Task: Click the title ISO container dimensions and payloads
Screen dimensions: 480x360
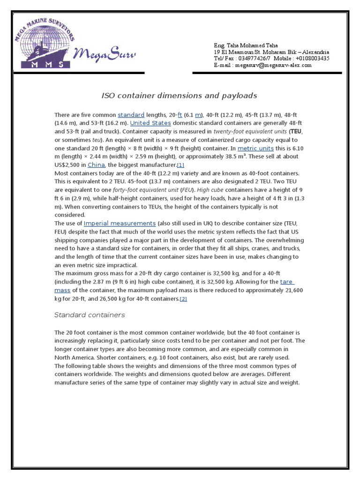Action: pos(180,96)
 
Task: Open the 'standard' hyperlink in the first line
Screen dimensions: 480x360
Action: pos(131,115)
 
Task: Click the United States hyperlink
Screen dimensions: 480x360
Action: pos(150,123)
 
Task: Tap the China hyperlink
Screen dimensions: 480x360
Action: pos(96,165)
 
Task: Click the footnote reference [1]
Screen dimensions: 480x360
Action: pos(180,165)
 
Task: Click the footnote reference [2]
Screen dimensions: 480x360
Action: pos(183,299)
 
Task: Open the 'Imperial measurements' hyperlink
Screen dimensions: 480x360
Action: pos(120,224)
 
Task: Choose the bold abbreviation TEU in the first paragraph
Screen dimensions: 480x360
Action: pos(296,132)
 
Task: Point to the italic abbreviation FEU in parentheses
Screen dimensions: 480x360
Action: pos(187,190)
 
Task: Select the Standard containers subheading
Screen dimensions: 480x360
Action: pos(90,315)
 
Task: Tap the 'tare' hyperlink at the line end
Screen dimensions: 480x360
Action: pos(286,282)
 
